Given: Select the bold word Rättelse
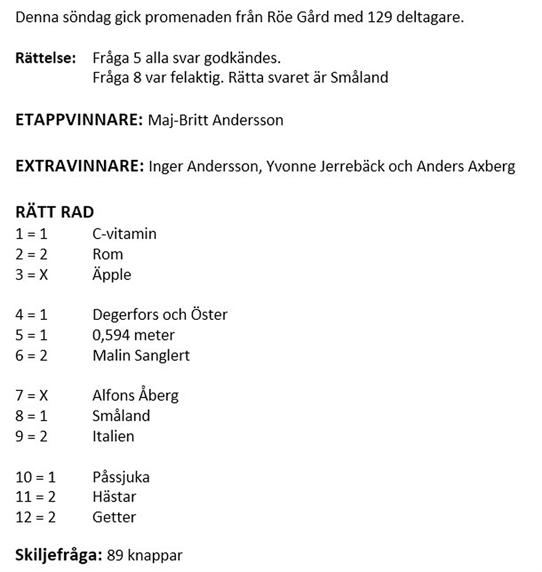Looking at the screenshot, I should tap(46, 58).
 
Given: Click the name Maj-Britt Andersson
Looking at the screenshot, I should tap(216, 120).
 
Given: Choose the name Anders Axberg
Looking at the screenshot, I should tap(466, 166).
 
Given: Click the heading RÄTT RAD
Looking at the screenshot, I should tap(55, 212).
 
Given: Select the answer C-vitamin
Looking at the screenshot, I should tap(124, 234).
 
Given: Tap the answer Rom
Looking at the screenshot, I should tap(108, 254).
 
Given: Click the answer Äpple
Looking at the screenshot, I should tap(112, 274).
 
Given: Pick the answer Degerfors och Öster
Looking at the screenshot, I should tap(160, 314).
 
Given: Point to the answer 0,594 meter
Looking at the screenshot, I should tap(133, 335).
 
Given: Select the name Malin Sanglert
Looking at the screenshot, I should tap(141, 355).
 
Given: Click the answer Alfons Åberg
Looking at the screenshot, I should tap(135, 395).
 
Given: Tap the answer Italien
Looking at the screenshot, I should tap(113, 436).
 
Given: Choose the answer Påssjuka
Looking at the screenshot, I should tap(121, 477).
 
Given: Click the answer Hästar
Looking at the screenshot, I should tap(114, 497).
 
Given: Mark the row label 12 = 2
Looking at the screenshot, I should tap(36, 517).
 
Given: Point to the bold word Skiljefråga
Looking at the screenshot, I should tap(59, 555).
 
